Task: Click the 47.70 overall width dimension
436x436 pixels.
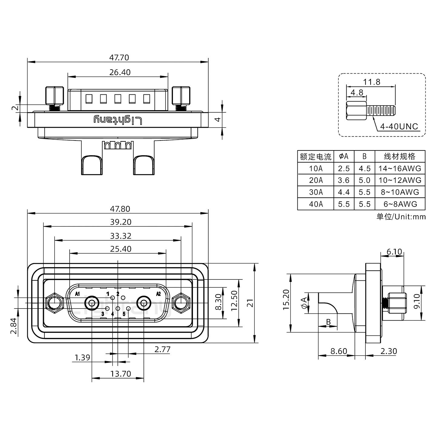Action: (119, 58)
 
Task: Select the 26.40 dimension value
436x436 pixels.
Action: (120, 72)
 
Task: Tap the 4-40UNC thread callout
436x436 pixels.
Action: (399, 127)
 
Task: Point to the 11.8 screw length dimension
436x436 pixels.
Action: (372, 82)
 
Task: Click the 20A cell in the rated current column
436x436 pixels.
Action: (316, 180)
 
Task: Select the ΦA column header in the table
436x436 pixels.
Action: (344, 157)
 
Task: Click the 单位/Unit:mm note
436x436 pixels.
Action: (401, 217)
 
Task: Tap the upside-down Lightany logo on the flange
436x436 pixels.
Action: (118, 120)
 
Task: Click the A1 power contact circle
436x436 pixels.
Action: (92, 303)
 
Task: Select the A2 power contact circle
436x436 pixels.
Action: (144, 303)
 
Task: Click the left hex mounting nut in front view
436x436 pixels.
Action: (54, 303)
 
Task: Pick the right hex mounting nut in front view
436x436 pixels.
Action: (181, 303)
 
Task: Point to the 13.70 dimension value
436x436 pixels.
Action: (121, 374)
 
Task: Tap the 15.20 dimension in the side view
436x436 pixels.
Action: (286, 300)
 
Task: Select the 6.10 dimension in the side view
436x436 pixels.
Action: (394, 252)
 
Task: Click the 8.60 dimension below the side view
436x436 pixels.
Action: (339, 351)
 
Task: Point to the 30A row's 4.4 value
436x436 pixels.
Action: (344, 192)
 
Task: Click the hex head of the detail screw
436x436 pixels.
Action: (357, 111)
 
